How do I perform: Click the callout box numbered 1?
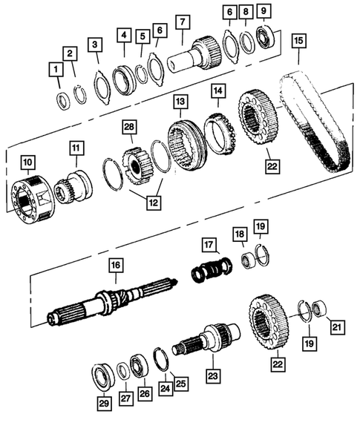[55, 71]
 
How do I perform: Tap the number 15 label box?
[298, 39]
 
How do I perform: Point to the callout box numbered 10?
[27, 161]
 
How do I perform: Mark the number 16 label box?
[115, 264]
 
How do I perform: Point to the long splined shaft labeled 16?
[111, 304]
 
